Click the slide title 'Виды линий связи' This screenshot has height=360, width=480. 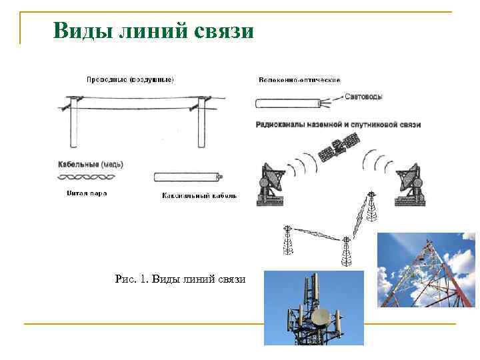(153, 30)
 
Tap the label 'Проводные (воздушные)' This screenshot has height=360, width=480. (130, 80)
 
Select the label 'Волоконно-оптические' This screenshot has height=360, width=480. (299, 80)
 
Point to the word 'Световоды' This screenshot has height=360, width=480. (364, 97)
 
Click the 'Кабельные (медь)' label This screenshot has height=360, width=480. (90, 164)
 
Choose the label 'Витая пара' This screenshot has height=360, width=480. (87, 194)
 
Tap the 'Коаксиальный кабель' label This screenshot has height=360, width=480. (199, 196)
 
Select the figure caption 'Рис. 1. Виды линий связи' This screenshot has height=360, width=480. (180, 279)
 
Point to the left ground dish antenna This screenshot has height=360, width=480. (271, 182)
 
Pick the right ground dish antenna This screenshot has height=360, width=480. (410, 183)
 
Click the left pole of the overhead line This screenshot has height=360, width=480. (74, 123)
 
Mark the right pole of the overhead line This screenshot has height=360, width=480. (201, 123)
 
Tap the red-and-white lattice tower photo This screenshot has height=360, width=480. (427, 269)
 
